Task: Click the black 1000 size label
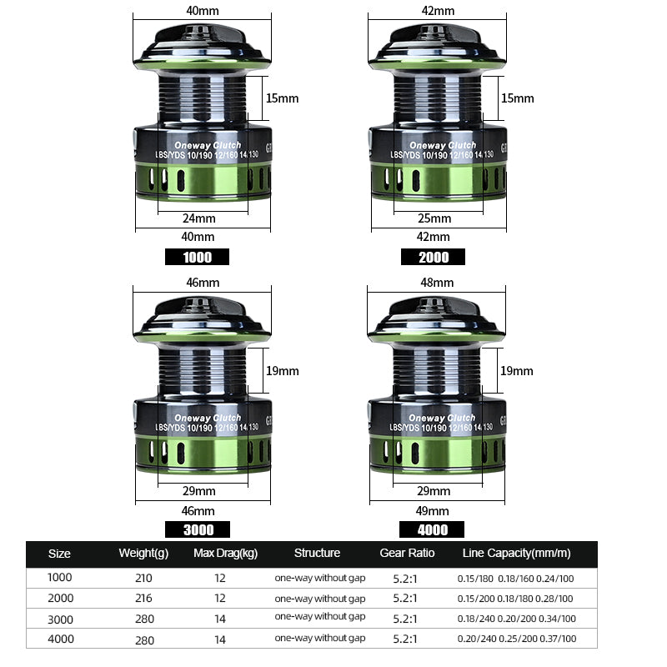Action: coord(197,257)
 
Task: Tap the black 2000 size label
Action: coord(433,257)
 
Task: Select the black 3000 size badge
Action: coord(198,529)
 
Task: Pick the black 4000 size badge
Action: coord(432,529)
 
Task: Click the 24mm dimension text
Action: coord(199,218)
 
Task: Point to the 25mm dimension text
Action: coord(434,218)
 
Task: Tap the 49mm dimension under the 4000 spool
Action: coord(432,511)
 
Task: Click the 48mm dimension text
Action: coord(437,283)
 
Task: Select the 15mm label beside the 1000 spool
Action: coord(282,98)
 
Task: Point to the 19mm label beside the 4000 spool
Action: coord(516,371)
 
